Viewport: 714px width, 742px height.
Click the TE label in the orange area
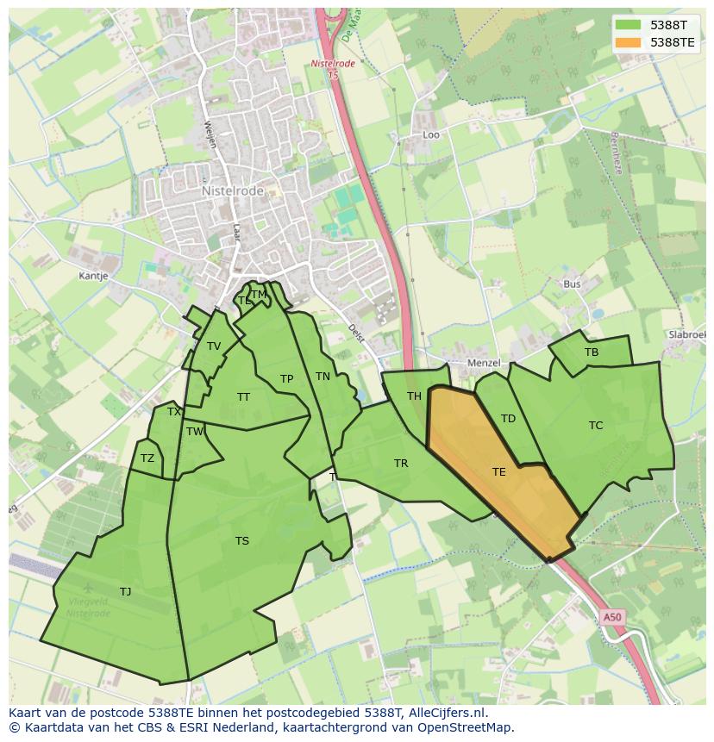[x=499, y=471]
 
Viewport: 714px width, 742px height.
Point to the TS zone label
[x=241, y=541]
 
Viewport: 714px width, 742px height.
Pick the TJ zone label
[x=126, y=591]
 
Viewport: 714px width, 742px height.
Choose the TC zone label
[x=596, y=425]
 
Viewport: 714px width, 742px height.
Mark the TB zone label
[x=592, y=352]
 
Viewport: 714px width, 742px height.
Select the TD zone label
[x=508, y=419]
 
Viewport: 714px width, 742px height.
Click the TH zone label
[x=414, y=396]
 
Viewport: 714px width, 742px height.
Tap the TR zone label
[x=401, y=464]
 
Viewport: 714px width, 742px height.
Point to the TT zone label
[x=243, y=397]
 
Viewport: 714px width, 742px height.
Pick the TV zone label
[x=214, y=346]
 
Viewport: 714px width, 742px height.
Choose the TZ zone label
[x=147, y=458]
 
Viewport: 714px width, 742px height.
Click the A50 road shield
[x=611, y=617]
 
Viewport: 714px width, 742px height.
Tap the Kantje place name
[x=93, y=277]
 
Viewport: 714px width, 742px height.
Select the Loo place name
[x=431, y=135]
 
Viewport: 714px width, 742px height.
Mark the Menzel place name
[x=483, y=364]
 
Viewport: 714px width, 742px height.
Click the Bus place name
[x=572, y=284]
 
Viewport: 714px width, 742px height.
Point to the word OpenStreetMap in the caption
[x=465, y=727]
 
